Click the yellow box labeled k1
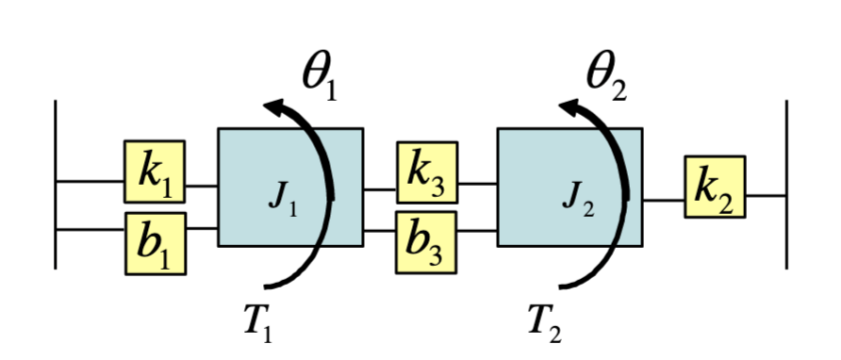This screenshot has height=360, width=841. (155, 172)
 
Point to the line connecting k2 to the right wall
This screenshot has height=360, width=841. (767, 196)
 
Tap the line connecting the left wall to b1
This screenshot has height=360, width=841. (90, 229)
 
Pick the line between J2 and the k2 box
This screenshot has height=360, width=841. (664, 199)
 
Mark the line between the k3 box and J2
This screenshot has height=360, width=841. (477, 185)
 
